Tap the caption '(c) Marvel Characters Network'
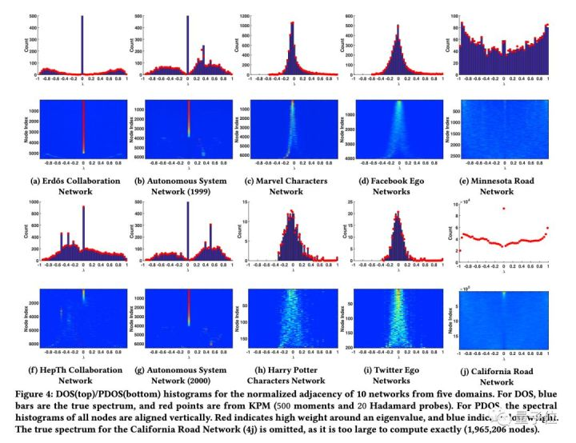[291, 186]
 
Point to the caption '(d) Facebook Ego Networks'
[398, 186]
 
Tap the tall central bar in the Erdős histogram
[83, 44]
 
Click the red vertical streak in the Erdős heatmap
[83, 124]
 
